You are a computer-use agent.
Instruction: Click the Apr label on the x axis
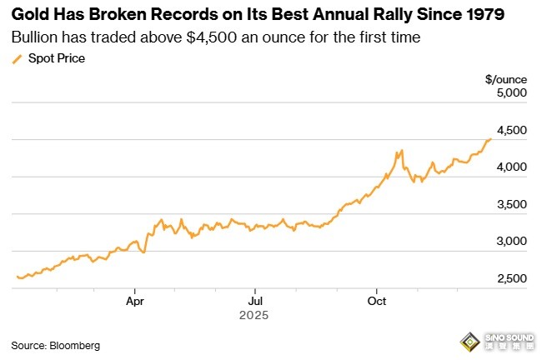[x=135, y=301]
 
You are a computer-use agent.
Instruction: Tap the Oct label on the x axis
[x=377, y=301]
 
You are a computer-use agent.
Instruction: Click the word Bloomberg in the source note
[x=72, y=344]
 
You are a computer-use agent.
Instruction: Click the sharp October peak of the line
[x=402, y=151]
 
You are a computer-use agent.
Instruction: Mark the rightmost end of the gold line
[x=491, y=138]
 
